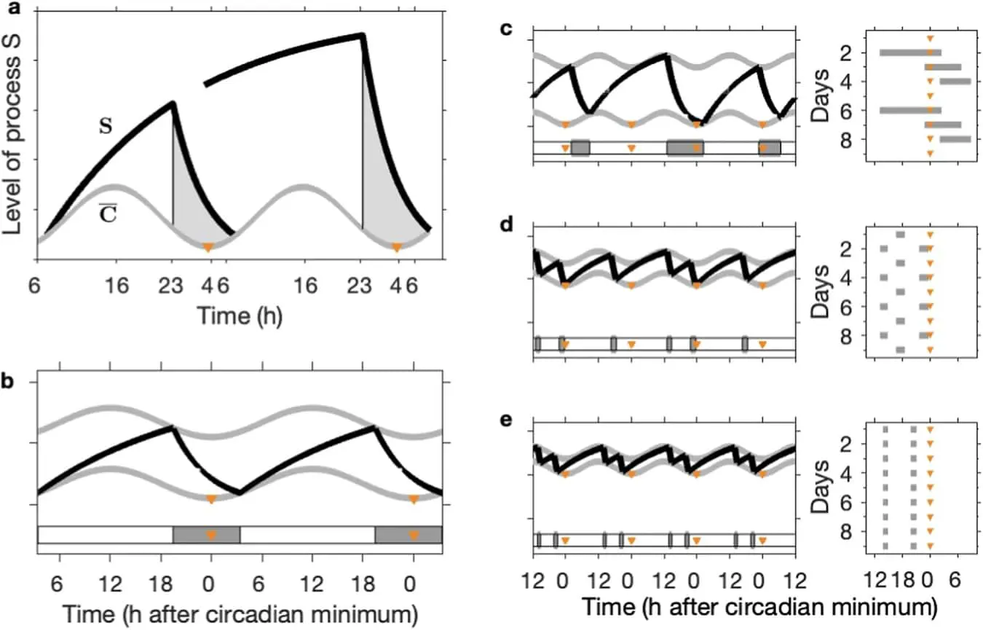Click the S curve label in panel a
[x=106, y=126]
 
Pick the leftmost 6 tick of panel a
[x=34, y=285]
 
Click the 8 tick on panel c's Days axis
[x=845, y=138]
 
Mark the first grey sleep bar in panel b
[x=206, y=534]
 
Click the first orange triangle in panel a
[x=208, y=248]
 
